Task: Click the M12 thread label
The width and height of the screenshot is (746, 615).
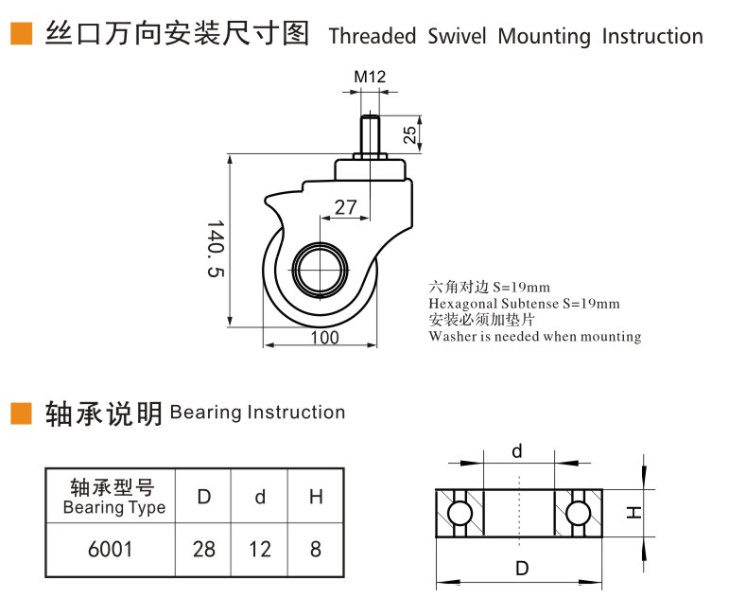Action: point(370,76)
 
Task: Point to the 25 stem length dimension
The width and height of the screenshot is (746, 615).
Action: point(409,134)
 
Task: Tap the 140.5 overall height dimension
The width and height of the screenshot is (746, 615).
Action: point(216,249)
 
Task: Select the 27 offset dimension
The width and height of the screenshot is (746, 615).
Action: point(345,207)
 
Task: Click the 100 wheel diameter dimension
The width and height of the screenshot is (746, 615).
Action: point(324,338)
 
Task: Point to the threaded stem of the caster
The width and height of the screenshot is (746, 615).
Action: point(370,134)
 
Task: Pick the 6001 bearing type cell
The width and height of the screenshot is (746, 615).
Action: point(110,549)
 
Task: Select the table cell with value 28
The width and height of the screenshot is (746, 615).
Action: point(203,549)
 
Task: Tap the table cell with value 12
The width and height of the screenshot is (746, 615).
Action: point(260,549)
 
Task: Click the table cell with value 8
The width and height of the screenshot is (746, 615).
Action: point(316,549)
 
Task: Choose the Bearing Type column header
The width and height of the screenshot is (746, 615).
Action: point(113,497)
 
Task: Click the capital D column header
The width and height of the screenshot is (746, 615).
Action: point(203,497)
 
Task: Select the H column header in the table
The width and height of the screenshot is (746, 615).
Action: point(316,497)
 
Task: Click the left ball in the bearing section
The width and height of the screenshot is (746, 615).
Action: point(460,514)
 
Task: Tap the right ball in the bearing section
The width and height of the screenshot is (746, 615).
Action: point(578,514)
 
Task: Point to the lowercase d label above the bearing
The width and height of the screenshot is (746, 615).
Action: point(516,450)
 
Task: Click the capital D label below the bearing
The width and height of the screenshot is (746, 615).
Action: point(522,568)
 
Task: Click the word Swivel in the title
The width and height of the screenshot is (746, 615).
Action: point(457,36)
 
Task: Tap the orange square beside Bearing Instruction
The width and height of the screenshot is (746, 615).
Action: point(22,413)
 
